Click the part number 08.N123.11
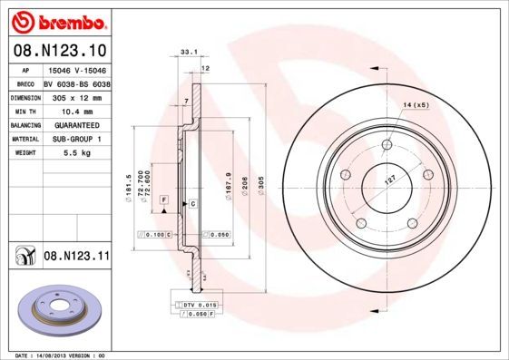point(76,258)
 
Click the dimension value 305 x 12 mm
point(81,95)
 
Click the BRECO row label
point(25,82)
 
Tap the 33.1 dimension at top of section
point(189,54)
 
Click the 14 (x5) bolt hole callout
point(415,105)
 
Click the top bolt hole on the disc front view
point(387,144)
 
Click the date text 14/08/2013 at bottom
point(63,355)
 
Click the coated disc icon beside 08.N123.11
point(22,258)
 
